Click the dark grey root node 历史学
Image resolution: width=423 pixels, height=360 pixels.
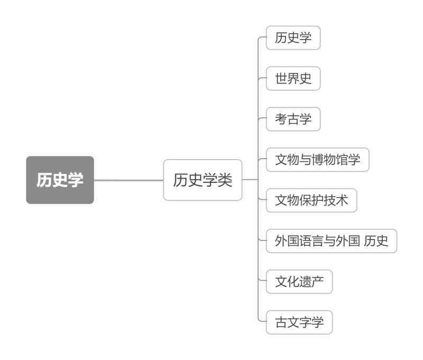pyautogui.click(x=60, y=180)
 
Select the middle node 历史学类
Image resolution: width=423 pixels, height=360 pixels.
pyautogui.click(x=203, y=180)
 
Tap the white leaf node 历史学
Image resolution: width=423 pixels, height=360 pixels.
pyautogui.click(x=293, y=38)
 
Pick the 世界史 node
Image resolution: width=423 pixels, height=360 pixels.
pyautogui.click(x=293, y=79)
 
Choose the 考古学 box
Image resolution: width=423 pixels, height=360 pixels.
pyautogui.click(x=293, y=119)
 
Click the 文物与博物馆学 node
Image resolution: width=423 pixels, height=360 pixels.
pyautogui.click(x=317, y=160)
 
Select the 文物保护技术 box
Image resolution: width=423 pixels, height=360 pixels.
pyautogui.click(x=311, y=200)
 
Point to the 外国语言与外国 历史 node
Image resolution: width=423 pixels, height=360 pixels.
pyautogui.click(x=332, y=241)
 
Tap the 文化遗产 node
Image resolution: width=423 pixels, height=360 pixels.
pyautogui.click(x=299, y=282)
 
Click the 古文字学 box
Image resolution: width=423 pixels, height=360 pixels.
pyautogui.click(x=299, y=322)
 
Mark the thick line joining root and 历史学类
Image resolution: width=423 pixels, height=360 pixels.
pyautogui.click(x=128, y=180)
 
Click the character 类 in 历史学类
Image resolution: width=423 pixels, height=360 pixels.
pyautogui.click(x=225, y=180)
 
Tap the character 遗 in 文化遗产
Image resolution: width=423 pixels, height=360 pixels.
pyautogui.click(x=305, y=282)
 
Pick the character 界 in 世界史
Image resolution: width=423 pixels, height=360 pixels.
pyautogui.click(x=293, y=79)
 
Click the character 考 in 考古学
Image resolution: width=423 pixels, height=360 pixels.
pyautogui.click(x=281, y=119)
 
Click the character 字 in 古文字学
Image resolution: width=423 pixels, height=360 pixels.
pyautogui.click(x=305, y=322)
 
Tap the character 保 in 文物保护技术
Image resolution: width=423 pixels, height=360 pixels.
pyautogui.click(x=305, y=200)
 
